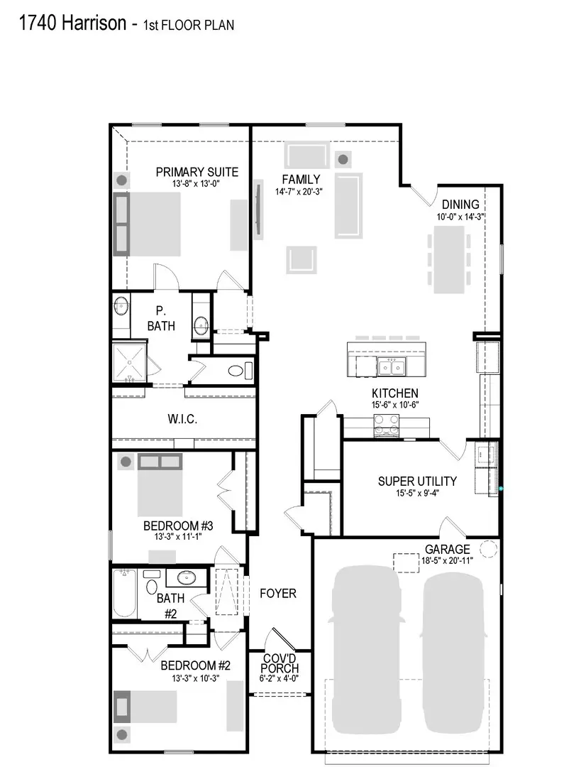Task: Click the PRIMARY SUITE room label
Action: tap(197, 172)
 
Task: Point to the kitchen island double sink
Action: tap(392, 366)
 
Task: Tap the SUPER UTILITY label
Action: tap(416, 481)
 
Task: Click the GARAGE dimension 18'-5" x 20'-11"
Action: tap(447, 560)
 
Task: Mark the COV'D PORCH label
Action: tap(280, 663)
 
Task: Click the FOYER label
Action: tap(277, 593)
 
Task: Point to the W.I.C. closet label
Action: tap(182, 420)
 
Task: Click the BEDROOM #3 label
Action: tap(178, 526)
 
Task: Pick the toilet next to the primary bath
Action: tap(237, 370)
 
